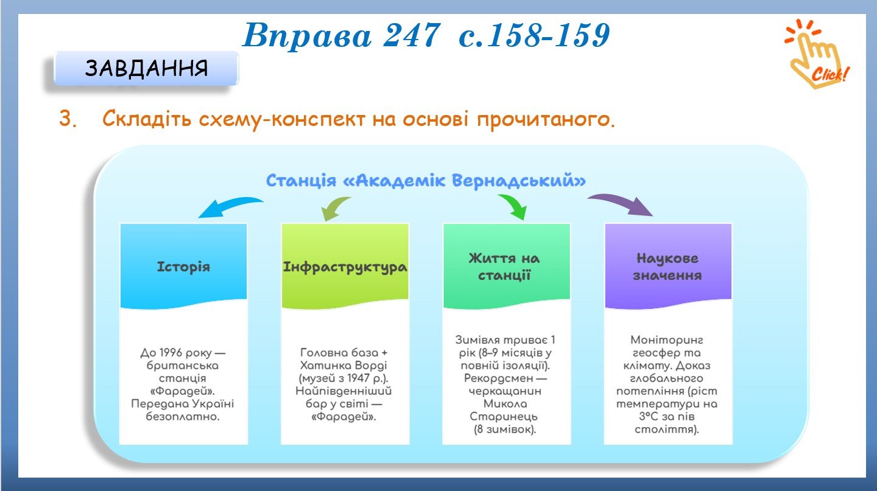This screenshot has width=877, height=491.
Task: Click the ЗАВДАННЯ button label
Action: pyautogui.click(x=146, y=68)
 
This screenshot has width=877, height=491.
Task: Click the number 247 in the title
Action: pyautogui.click(x=412, y=35)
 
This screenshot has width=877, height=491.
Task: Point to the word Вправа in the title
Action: pyautogui.click(x=307, y=36)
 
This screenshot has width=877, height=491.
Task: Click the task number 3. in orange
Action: pyautogui.click(x=68, y=118)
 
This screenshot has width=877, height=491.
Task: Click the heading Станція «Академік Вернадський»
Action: pyautogui.click(x=426, y=181)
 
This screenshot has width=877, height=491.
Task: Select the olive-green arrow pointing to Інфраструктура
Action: pyautogui.click(x=333, y=207)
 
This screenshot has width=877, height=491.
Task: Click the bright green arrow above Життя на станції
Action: pyautogui.click(x=515, y=206)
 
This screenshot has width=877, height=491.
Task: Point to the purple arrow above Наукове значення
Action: pyautogui.click(x=622, y=203)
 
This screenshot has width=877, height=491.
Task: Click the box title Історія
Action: pyautogui.click(x=184, y=267)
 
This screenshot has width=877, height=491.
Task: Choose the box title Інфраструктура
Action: pyautogui.click(x=345, y=268)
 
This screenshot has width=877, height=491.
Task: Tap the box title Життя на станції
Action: pyautogui.click(x=504, y=267)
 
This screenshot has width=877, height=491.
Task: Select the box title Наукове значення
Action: pyautogui.click(x=667, y=267)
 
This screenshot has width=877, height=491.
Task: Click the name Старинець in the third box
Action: pyautogui.click(x=504, y=417)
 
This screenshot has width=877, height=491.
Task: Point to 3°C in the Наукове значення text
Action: pyautogui.click(x=649, y=416)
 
